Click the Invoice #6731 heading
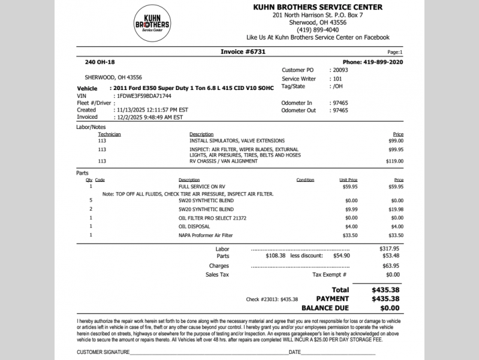(x=243, y=52)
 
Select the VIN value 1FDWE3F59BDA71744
(x=142, y=95)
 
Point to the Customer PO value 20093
(x=340, y=70)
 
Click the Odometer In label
(x=297, y=103)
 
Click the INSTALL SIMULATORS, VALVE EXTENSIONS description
(x=228, y=140)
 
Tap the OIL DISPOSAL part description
(x=194, y=227)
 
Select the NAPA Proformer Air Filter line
(x=206, y=235)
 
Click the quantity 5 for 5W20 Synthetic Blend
(x=91, y=200)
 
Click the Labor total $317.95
(x=389, y=248)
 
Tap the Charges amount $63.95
(x=391, y=265)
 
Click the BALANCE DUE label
(x=325, y=308)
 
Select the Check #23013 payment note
(x=272, y=299)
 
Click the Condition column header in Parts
(x=305, y=180)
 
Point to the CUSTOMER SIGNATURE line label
(x=103, y=352)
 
